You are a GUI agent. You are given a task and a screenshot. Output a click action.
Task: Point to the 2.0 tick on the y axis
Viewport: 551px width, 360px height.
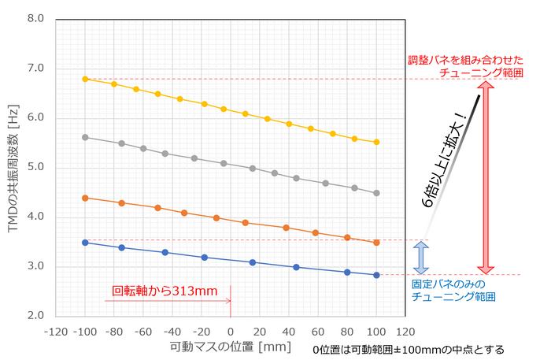pos(33,316)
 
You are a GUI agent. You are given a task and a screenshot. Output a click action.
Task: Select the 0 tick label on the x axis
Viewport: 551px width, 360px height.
pos(230,330)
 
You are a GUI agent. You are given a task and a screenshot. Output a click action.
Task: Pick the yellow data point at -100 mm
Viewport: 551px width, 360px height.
pos(85,79)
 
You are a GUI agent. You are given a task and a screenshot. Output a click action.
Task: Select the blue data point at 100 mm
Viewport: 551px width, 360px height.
pos(376,275)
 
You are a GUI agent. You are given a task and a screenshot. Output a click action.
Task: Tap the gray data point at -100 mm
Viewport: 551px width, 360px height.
pos(85,137)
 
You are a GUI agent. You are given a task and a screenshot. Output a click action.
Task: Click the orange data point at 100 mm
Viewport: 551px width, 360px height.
pos(376,242)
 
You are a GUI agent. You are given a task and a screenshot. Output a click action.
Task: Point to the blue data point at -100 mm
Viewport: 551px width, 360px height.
pos(85,243)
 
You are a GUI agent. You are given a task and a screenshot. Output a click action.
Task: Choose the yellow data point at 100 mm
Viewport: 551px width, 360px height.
pos(376,142)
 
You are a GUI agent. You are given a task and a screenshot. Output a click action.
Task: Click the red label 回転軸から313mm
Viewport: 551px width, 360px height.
pos(165,291)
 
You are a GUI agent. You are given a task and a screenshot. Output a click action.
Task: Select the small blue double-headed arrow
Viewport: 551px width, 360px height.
pos(421,257)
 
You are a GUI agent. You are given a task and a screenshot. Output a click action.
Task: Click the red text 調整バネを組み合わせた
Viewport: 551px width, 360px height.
pos(466,60)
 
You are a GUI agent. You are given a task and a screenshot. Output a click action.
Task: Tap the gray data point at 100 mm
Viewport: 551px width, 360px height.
pos(376,193)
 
